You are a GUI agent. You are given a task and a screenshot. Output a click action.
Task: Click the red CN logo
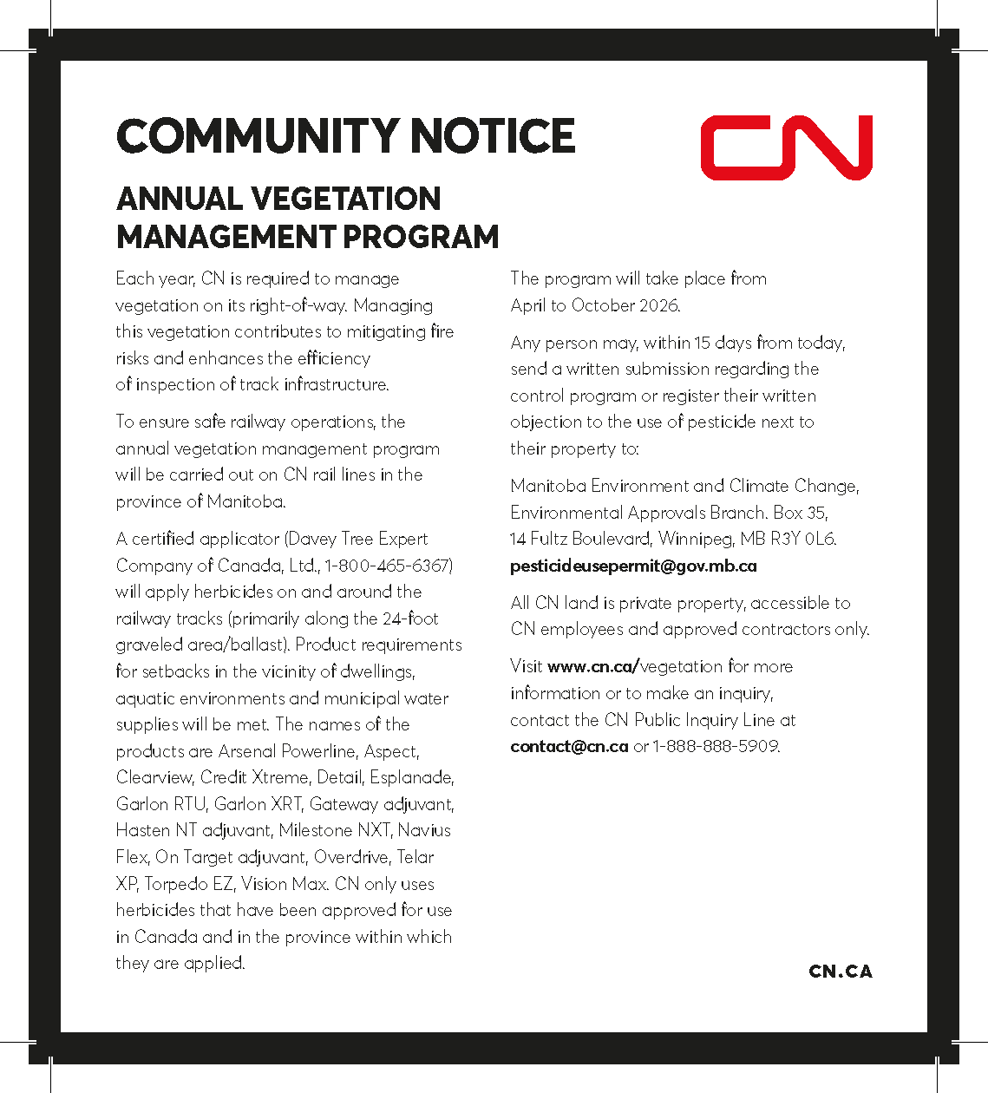(x=786, y=147)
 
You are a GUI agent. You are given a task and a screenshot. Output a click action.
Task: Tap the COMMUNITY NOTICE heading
(x=345, y=136)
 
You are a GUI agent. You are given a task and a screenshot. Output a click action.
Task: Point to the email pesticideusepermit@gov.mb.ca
(x=633, y=566)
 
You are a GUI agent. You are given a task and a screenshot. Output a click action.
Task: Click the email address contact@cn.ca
(x=569, y=746)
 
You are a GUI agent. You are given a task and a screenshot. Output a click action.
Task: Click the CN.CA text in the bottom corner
(x=840, y=972)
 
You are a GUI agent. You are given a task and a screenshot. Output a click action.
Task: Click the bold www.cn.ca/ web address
(x=593, y=666)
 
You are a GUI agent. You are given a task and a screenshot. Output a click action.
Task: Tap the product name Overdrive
(x=351, y=857)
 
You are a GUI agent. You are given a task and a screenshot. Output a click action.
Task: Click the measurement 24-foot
(x=410, y=618)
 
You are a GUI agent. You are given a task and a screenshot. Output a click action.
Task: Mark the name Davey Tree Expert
(x=357, y=539)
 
